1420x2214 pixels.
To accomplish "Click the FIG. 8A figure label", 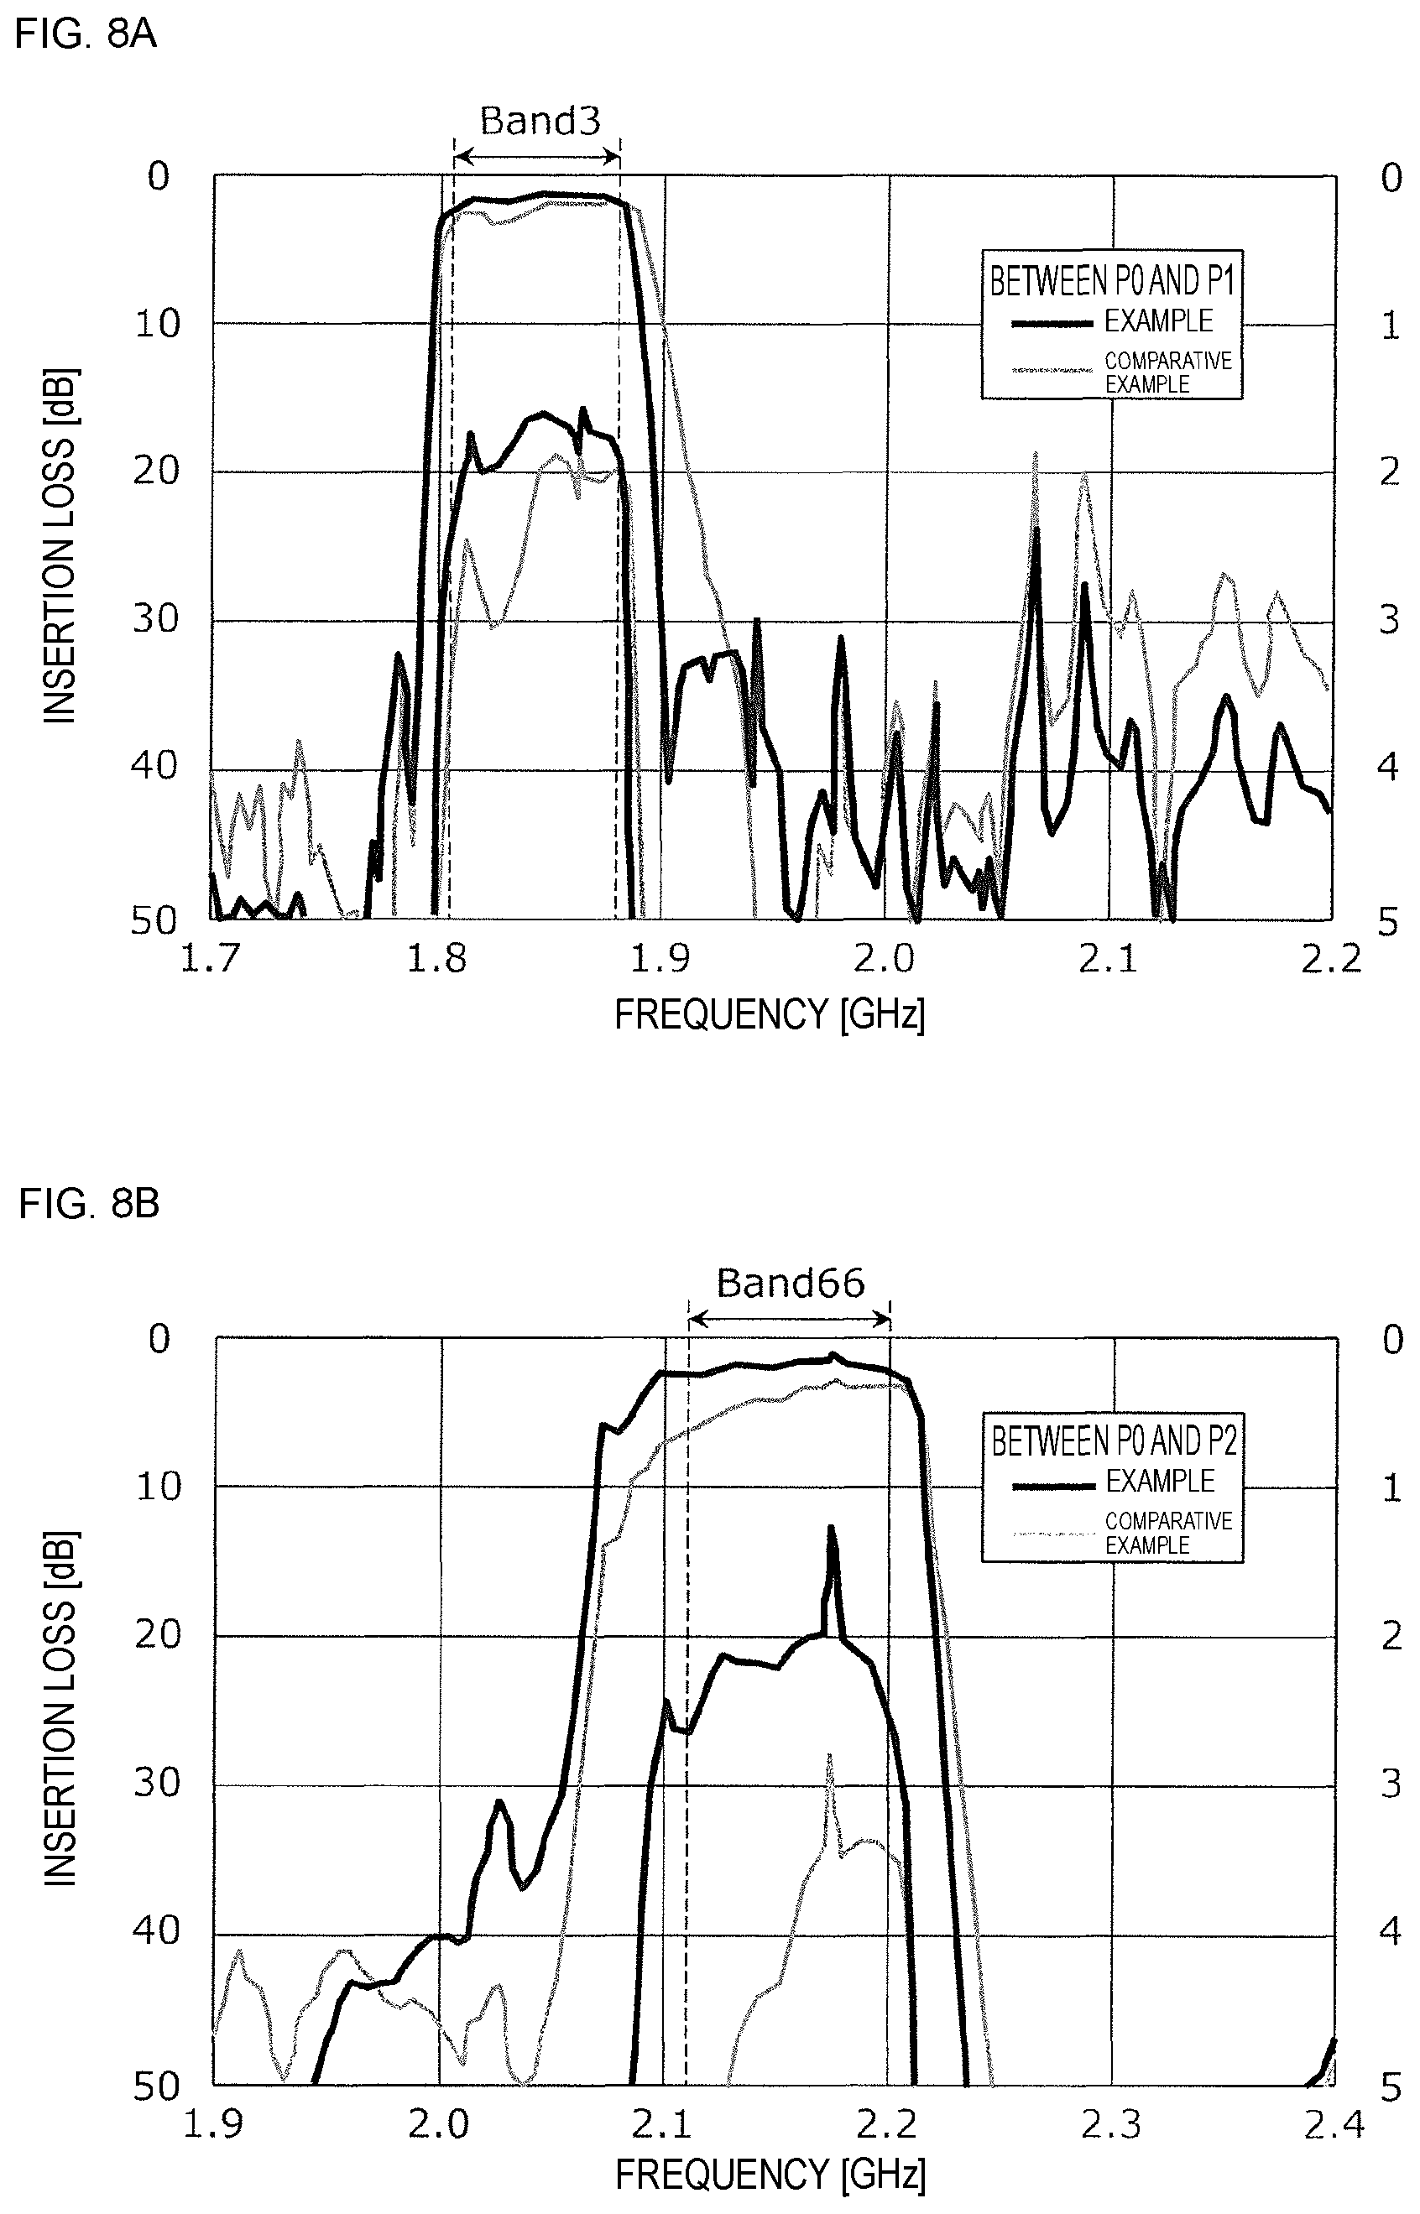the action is tap(86, 34).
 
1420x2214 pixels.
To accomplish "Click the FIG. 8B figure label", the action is tap(88, 1204).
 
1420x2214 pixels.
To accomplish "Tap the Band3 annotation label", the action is tap(540, 121).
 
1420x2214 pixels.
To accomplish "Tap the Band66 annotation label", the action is tap(791, 1283).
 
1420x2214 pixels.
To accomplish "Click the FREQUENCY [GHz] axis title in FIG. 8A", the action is tap(770, 1015).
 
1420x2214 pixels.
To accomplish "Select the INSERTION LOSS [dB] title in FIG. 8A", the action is tap(60, 547).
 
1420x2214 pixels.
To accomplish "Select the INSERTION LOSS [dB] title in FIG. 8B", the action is tap(60, 1708).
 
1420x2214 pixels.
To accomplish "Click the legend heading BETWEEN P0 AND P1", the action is tap(1112, 280).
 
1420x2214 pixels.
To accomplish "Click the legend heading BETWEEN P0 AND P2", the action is tap(1114, 1440).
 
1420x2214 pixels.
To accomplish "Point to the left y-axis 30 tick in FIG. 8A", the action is tap(155, 619).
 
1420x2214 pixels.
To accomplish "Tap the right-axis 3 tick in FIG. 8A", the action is tap(1389, 619).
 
